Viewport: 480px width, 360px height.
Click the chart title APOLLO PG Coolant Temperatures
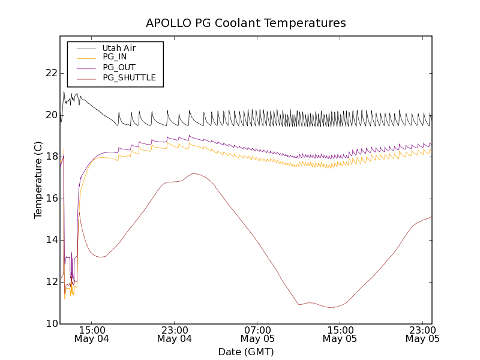coord(246,23)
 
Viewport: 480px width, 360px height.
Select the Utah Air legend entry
coord(119,48)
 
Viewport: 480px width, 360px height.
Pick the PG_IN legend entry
coord(115,57)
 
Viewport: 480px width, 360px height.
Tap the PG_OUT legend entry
coord(119,67)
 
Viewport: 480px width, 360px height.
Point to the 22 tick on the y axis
coord(52,73)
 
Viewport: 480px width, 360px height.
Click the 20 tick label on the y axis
coord(52,115)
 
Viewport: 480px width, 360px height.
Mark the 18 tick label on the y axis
coord(52,157)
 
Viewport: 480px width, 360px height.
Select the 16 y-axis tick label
coord(52,199)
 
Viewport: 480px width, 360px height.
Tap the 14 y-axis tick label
coord(52,240)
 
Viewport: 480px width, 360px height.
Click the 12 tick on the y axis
coord(52,282)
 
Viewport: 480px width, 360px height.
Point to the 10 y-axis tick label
coord(52,324)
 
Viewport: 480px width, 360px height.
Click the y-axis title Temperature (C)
coord(38,180)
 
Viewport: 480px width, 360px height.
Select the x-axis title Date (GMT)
coord(246,352)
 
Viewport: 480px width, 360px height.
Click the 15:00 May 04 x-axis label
coord(92,334)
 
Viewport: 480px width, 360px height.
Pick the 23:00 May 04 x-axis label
coord(175,334)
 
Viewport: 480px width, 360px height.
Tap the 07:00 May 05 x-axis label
coord(257,334)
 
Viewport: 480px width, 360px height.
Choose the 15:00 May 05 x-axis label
coord(340,334)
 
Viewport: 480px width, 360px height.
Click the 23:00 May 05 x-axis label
coord(422,334)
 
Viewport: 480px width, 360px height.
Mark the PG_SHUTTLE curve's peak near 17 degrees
coord(194,173)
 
